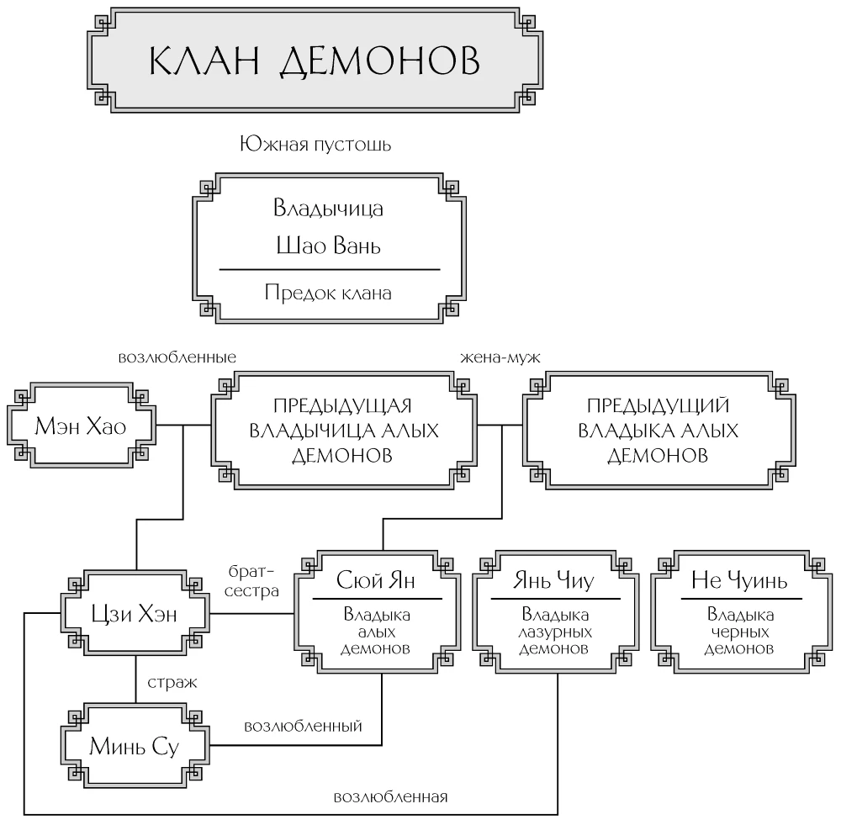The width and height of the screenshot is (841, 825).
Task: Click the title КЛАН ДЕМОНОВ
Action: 315,61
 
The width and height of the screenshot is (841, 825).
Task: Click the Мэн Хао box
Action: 81,426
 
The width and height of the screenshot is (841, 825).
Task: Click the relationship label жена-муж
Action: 500,357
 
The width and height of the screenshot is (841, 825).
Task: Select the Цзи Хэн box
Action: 134,614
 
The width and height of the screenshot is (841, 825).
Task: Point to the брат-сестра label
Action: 251,580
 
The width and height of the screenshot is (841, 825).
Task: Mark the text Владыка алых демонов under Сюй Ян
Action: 377,630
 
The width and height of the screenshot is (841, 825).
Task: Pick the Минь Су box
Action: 134,746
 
